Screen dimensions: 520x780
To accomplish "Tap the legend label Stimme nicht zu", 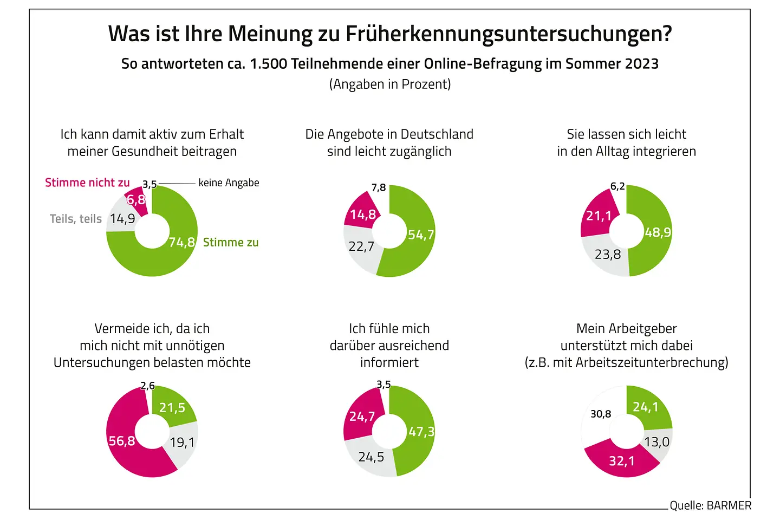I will point(87,183).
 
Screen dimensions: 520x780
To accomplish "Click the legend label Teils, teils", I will point(76,219).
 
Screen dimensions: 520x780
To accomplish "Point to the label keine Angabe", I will point(229,183).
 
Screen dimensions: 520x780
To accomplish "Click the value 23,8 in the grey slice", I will point(608,254).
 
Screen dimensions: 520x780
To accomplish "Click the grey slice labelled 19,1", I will point(182,443).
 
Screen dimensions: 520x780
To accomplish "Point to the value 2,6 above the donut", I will point(147,386).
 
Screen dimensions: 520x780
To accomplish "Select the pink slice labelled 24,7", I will point(362,416).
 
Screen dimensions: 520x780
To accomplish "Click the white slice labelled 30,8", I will point(600,414).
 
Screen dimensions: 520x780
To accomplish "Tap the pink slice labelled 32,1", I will point(622,461).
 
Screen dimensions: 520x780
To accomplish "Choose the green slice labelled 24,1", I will point(646,407).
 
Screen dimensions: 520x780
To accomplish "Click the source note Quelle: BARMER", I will point(710,505).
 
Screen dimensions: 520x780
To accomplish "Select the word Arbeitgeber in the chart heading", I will point(642,329).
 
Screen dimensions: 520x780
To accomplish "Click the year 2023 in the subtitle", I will point(641,64).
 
